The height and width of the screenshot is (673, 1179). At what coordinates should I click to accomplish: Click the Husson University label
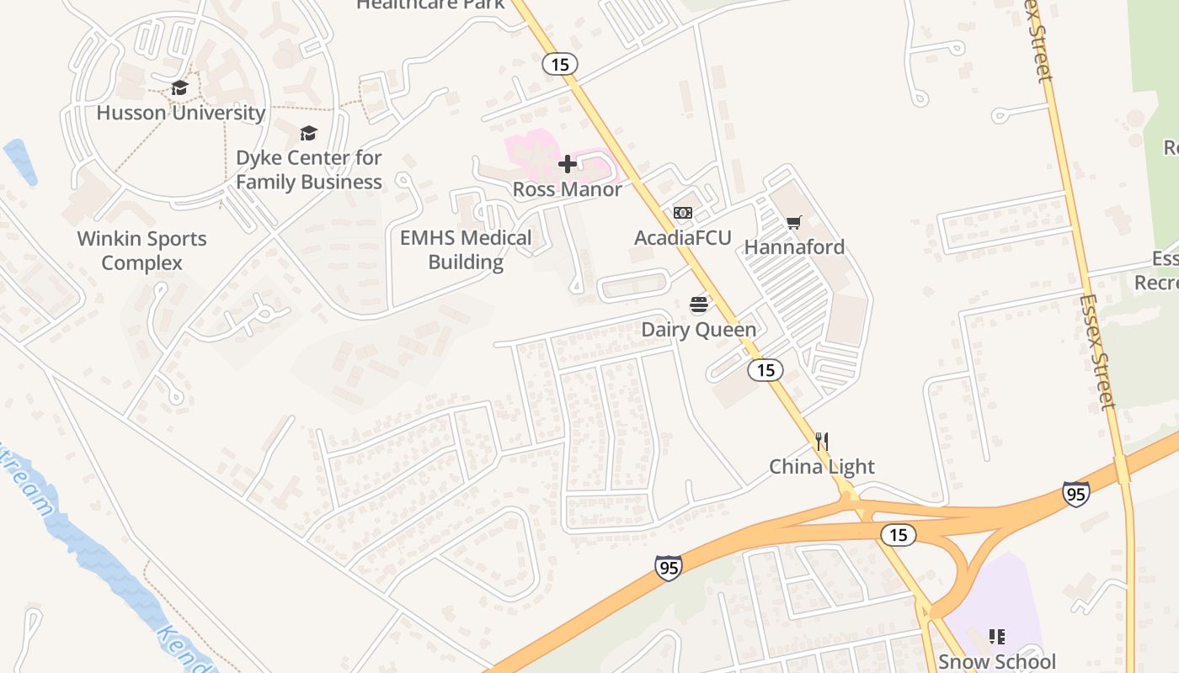point(181,113)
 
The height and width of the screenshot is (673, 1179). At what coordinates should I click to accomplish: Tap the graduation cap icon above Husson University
point(179,88)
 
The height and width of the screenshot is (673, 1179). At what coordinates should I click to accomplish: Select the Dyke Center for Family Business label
point(308,170)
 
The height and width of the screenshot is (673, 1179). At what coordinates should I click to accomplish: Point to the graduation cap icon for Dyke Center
point(308,134)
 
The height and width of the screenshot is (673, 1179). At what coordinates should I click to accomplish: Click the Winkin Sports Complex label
point(141,251)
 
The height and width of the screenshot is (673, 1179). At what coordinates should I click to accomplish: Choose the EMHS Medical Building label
point(466,250)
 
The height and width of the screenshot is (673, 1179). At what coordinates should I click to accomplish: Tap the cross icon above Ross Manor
point(568,164)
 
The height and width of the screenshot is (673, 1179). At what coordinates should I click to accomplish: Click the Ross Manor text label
point(568,189)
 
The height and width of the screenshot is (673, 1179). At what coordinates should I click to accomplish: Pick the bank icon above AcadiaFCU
point(683,213)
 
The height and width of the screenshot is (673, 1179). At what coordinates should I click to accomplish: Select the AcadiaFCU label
point(683,238)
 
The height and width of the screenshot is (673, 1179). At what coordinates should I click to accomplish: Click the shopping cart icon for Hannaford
point(793,222)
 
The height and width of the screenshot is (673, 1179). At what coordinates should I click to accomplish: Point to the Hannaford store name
point(794,247)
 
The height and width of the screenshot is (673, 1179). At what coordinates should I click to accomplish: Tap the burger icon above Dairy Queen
point(699,305)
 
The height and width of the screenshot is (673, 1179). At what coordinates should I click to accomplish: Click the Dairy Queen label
point(699,330)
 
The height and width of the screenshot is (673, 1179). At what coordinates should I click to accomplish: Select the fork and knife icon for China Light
point(823,442)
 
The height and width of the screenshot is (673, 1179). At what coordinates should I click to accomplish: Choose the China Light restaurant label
point(822,467)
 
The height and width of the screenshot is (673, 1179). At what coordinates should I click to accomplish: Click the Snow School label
point(997,661)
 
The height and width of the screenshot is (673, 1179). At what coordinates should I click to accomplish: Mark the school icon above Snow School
point(997,637)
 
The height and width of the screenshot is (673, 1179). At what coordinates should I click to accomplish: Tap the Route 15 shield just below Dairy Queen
point(765,370)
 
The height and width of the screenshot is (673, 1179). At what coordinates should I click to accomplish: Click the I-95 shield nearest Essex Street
point(1075,494)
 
